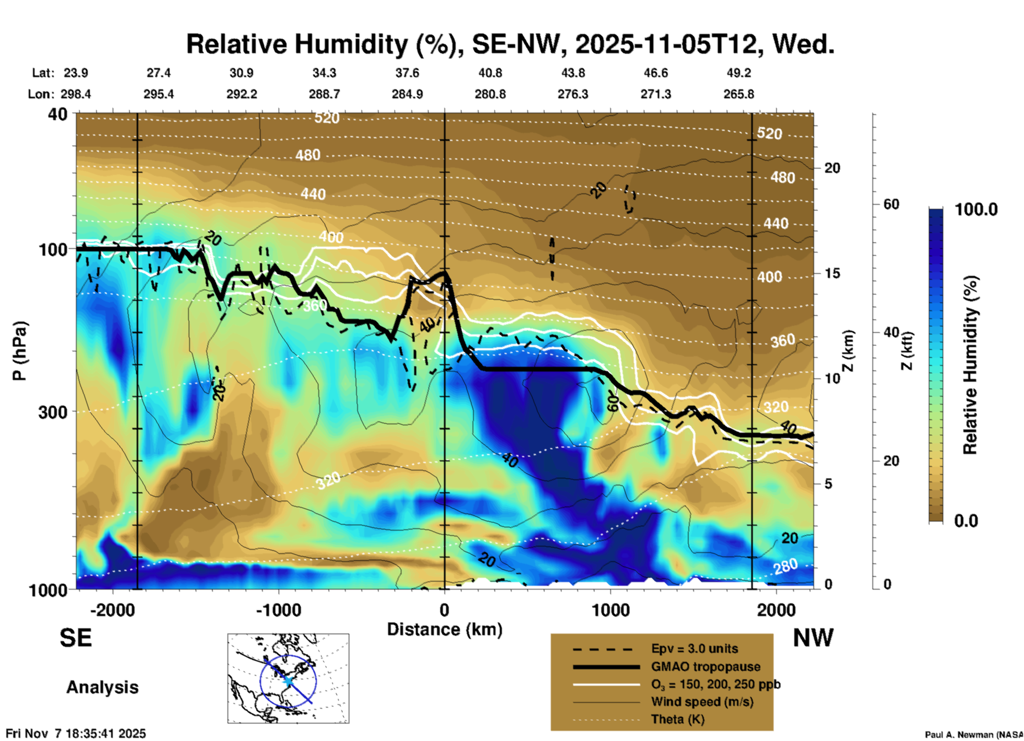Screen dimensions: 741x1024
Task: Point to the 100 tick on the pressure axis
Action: tap(53, 249)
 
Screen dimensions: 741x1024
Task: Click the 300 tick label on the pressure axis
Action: tap(53, 412)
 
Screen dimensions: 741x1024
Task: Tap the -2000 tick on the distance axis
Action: tap(112, 610)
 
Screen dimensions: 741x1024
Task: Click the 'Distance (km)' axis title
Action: tap(444, 629)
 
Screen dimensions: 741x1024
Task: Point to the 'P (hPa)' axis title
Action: tap(20, 351)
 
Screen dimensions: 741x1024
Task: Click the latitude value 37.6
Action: tap(407, 73)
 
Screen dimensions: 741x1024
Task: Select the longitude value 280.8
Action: tap(490, 95)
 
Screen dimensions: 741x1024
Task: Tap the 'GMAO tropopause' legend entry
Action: tap(706, 667)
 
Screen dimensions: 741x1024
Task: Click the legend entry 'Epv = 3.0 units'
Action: tap(694, 649)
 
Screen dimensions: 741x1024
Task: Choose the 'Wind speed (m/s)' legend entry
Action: tap(702, 702)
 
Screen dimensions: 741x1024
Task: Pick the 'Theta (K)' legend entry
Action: tap(677, 719)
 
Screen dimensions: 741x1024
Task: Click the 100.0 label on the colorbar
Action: tap(976, 209)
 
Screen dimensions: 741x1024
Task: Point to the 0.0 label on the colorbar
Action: tap(966, 520)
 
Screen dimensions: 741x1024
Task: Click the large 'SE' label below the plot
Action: tap(75, 638)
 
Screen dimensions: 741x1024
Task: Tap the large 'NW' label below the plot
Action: tap(813, 638)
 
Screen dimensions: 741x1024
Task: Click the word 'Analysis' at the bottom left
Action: tap(102, 687)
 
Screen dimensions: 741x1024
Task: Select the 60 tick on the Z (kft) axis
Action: tap(891, 204)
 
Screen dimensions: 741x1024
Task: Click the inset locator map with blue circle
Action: tap(288, 678)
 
